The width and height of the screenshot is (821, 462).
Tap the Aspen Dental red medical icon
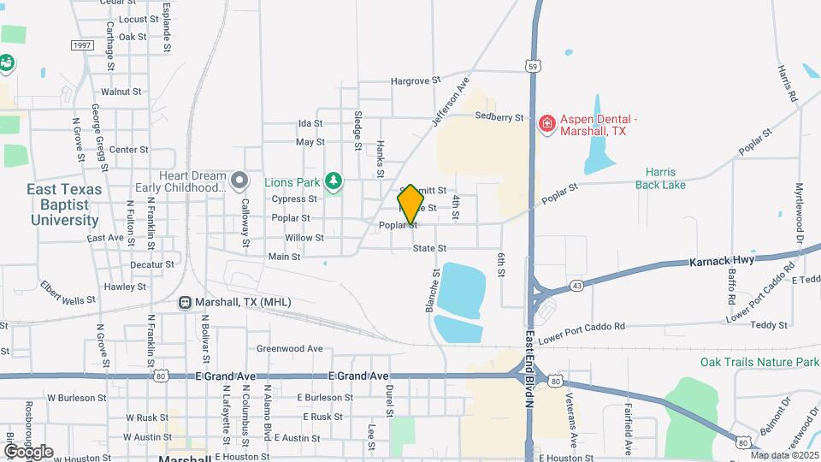[x=546, y=125]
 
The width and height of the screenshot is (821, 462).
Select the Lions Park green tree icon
[x=334, y=181]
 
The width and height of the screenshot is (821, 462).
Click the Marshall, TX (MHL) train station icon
[x=185, y=302]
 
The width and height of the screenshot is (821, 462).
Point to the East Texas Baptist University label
[x=65, y=204]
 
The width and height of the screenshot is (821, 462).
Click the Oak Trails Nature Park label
[x=759, y=362]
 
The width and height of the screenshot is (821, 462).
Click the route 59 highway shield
[x=532, y=64]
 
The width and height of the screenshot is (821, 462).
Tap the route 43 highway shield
[x=578, y=284]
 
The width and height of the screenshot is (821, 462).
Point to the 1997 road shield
[x=82, y=45]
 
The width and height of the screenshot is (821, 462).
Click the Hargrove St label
[x=415, y=80]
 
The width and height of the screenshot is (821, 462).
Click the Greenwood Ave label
[x=290, y=349]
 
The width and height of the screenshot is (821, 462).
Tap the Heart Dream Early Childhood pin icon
[x=239, y=181]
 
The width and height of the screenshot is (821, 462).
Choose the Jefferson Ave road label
[x=452, y=103]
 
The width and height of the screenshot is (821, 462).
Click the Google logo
[x=28, y=451]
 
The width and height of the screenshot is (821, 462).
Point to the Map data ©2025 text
[x=784, y=455]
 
